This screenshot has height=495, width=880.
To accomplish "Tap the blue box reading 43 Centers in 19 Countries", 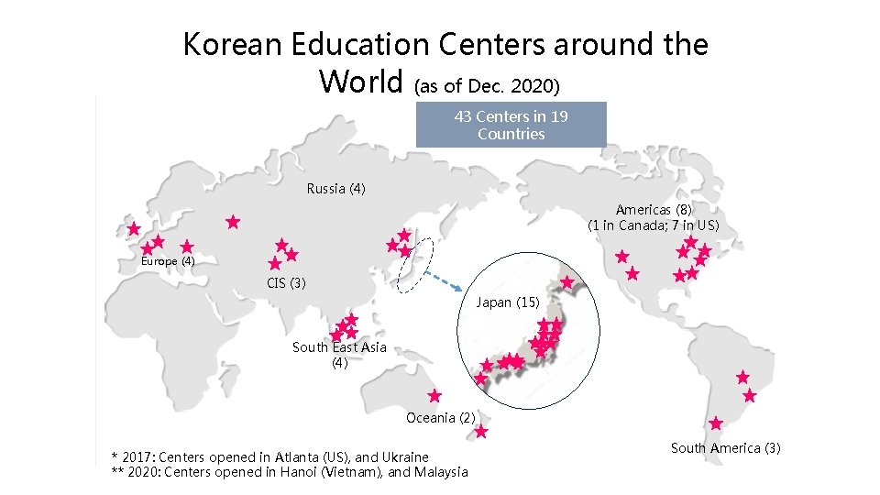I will point(511,125).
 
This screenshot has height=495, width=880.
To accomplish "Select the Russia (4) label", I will point(335,189).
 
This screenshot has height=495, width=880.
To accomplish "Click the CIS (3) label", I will point(286,282).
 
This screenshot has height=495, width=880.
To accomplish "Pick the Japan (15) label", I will point(508,302).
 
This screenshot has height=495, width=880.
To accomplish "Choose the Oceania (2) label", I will point(440,418).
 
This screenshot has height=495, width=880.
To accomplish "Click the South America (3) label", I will point(725,448).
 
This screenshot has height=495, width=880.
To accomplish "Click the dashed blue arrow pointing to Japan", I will point(443,279).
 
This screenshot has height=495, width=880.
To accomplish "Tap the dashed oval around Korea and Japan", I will point(411,266).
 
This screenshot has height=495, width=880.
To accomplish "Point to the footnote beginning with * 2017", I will point(269,456).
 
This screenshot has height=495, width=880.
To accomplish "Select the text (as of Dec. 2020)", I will point(485,86).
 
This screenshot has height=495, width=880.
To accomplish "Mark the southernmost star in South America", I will point(716,423).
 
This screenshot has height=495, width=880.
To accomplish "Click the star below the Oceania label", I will point(481,432).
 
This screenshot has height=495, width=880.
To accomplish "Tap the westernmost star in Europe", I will point(134,228).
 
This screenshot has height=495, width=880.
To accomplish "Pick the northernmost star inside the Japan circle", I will point(567,282).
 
